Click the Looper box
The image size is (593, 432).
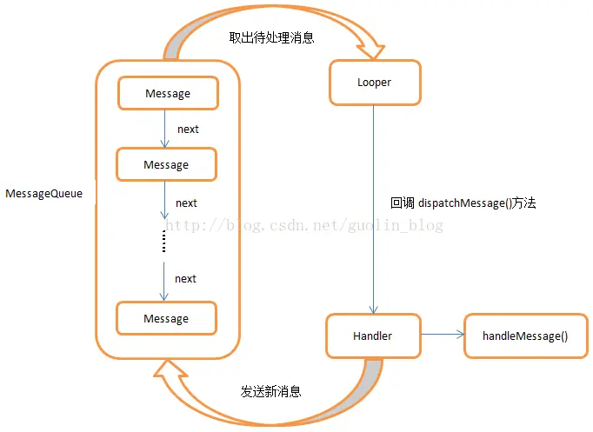tap(374, 83)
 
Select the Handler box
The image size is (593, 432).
tap(372, 336)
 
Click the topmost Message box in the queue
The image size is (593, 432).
tap(167, 93)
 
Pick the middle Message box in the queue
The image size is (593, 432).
tap(166, 164)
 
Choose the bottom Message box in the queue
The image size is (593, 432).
tap(166, 319)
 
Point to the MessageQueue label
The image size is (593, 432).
tap(43, 194)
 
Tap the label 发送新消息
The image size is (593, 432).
tap(271, 392)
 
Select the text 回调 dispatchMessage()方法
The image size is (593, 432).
tap(463, 203)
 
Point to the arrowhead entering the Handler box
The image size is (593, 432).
tap(373, 310)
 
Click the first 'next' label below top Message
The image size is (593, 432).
tap(188, 129)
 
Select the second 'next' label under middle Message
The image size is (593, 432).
tap(186, 203)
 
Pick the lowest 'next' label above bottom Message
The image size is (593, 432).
tap(185, 278)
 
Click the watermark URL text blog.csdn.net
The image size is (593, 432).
tap(304, 226)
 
